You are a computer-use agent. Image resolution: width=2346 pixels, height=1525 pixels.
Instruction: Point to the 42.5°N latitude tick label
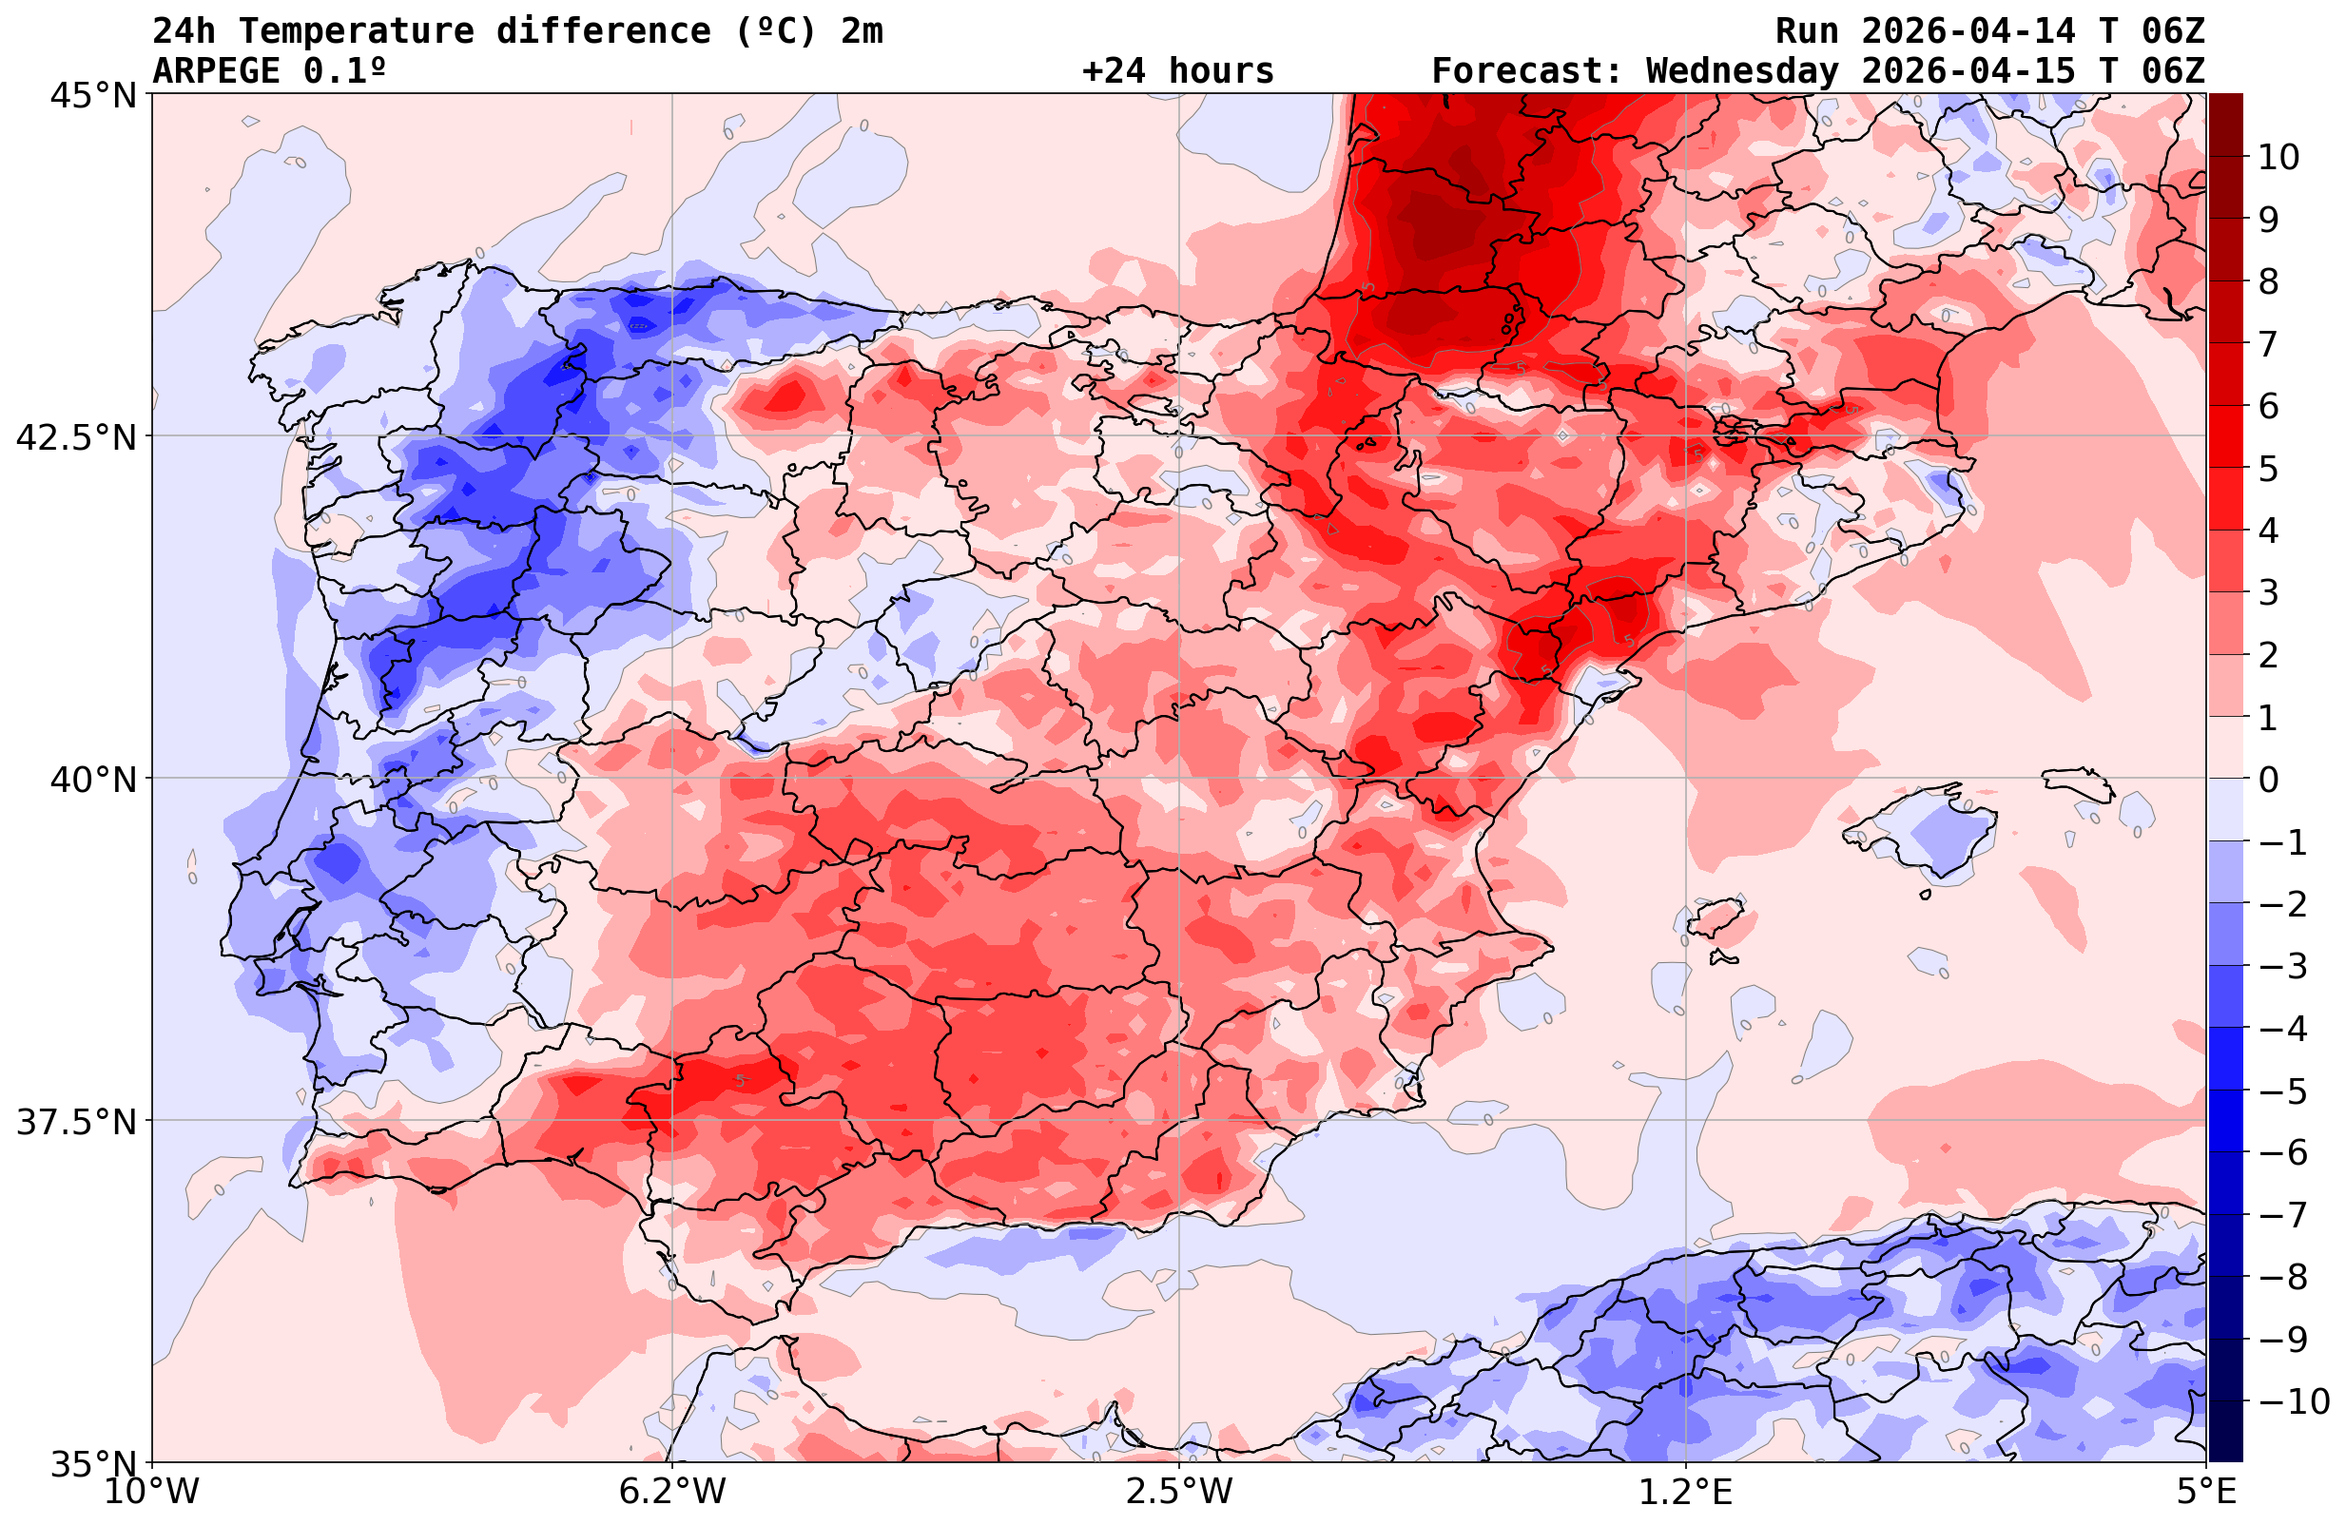[x=76, y=437]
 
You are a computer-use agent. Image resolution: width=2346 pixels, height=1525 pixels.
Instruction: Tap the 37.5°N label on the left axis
[x=76, y=1122]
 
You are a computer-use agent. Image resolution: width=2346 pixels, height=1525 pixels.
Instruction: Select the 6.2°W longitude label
[x=671, y=1492]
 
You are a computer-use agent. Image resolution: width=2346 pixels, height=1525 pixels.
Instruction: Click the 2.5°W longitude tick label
[x=1179, y=1492]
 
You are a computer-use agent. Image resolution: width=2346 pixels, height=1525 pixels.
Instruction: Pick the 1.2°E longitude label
[x=1686, y=1492]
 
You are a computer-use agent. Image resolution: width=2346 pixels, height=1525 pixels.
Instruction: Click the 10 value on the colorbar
[x=2279, y=157]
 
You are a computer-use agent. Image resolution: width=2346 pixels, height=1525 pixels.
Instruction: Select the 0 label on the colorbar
[x=2268, y=780]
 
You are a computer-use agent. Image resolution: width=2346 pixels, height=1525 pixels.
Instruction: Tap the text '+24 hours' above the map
[x=1177, y=71]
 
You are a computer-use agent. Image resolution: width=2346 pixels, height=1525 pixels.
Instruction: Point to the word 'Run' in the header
[x=1807, y=31]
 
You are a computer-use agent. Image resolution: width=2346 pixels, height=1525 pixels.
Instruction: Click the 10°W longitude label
[x=152, y=1492]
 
